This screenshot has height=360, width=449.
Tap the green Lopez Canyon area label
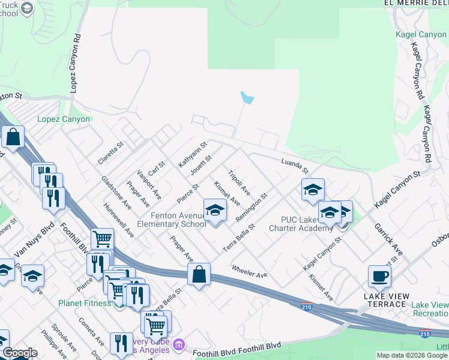64,119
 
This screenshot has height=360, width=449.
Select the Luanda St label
294,162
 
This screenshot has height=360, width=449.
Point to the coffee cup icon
379,277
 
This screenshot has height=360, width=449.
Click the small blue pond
247,98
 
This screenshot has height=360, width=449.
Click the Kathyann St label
192,154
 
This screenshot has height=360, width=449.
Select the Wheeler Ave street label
249,271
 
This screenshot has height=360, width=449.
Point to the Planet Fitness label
85,303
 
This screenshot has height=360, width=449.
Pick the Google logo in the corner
19,353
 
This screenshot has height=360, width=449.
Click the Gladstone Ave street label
116,191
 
